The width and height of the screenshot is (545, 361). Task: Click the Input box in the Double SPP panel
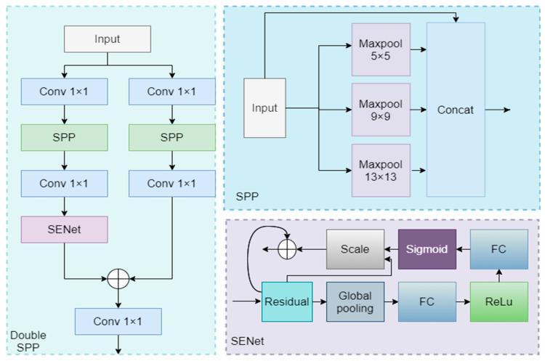(x=108, y=39)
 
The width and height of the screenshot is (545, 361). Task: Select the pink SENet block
(x=64, y=229)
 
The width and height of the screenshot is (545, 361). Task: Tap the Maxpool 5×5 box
(x=381, y=49)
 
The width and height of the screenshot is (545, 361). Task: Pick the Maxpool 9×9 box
(x=381, y=109)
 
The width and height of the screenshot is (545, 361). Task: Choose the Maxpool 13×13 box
(x=381, y=170)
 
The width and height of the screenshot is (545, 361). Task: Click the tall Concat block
(x=456, y=110)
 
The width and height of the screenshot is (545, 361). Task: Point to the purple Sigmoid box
(x=427, y=249)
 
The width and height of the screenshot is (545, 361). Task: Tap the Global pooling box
(x=354, y=301)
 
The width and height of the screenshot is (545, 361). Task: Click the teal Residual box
(x=286, y=301)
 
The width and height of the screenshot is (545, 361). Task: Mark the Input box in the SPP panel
(x=265, y=109)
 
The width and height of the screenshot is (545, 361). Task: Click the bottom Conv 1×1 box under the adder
(x=118, y=320)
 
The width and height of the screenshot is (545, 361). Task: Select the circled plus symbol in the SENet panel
(x=288, y=249)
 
